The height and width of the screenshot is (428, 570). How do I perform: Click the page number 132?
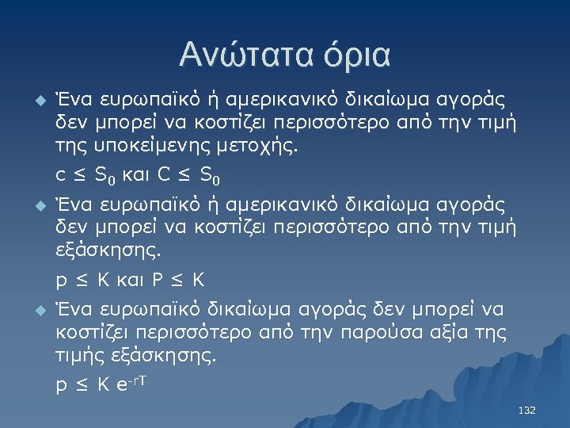click(526, 411)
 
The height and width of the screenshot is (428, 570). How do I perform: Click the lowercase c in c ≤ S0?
click(60, 174)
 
